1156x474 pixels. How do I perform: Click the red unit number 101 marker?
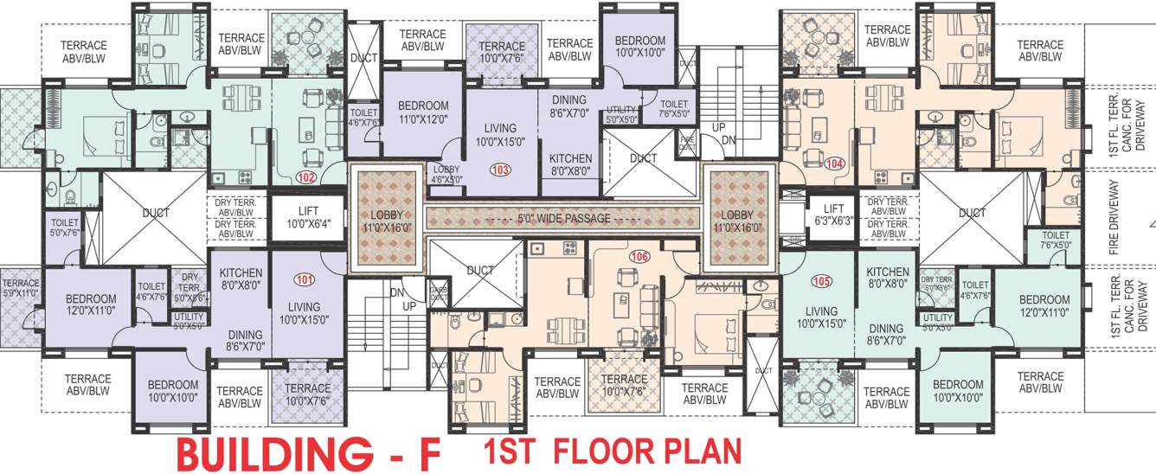click(305, 279)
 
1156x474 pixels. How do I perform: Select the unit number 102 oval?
click(305, 178)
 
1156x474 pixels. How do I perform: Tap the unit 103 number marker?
click(500, 169)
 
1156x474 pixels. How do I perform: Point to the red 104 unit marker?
click(834, 163)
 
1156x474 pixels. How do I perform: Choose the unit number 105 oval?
click(821, 281)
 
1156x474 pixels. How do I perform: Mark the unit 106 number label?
click(639, 256)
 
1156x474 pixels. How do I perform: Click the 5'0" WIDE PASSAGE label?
click(562, 219)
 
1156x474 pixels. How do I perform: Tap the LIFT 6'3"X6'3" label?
click(833, 215)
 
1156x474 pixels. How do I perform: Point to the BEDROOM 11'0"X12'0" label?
click(423, 112)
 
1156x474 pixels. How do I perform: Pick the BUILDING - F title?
click(309, 452)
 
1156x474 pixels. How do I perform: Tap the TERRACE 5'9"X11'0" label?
click(21, 288)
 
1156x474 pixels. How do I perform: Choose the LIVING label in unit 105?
click(821, 317)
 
